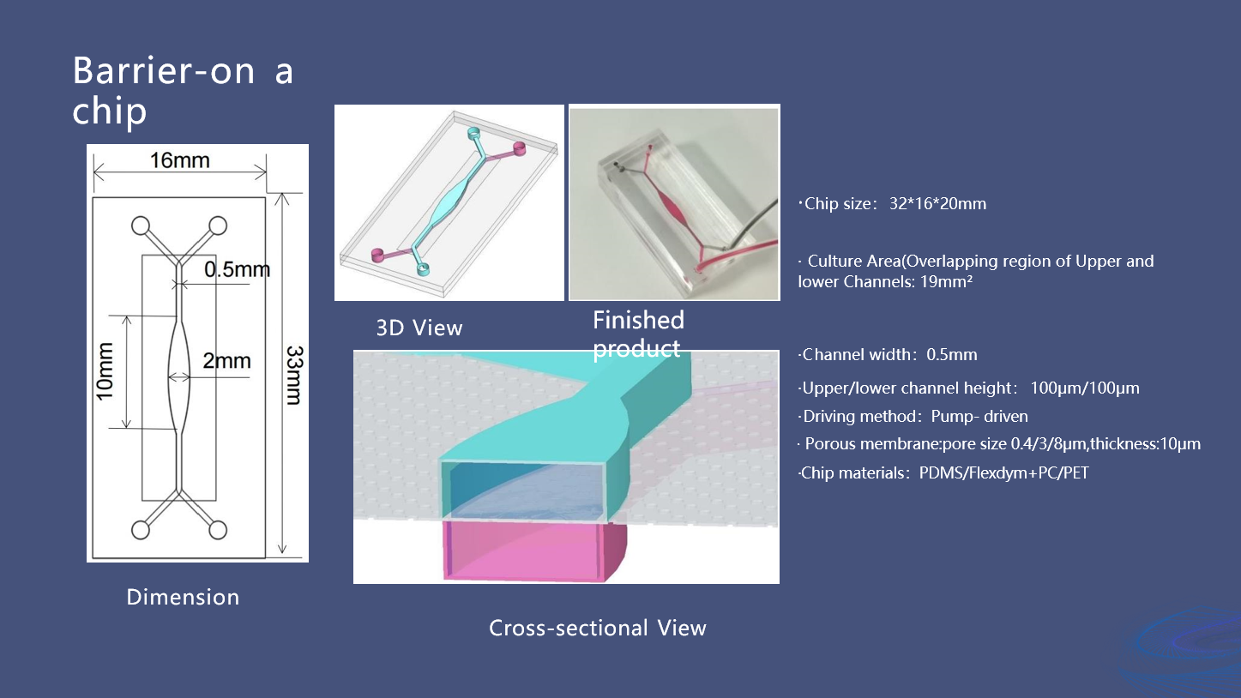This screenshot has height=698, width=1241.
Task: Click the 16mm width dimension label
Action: tap(180, 161)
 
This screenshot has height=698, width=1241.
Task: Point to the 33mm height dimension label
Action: tap(292, 375)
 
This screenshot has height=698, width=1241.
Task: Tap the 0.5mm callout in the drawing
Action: tap(237, 270)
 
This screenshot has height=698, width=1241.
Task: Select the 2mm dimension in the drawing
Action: tap(226, 361)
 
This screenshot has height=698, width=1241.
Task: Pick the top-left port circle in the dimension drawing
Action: tap(141, 226)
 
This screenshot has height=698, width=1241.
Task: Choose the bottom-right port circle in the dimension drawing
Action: tap(218, 529)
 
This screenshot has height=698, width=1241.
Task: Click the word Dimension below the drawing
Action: tap(183, 598)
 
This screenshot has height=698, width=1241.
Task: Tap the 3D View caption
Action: tap(419, 328)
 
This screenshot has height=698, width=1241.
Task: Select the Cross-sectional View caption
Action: tap(597, 629)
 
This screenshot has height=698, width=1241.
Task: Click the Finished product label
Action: tap(638, 334)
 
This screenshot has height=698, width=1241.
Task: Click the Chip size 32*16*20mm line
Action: tap(895, 204)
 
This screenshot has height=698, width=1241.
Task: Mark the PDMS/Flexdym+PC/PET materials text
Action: tap(1003, 472)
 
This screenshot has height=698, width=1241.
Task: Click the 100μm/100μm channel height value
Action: tap(1085, 388)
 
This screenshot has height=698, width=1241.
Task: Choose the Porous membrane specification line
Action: tap(1000, 444)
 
